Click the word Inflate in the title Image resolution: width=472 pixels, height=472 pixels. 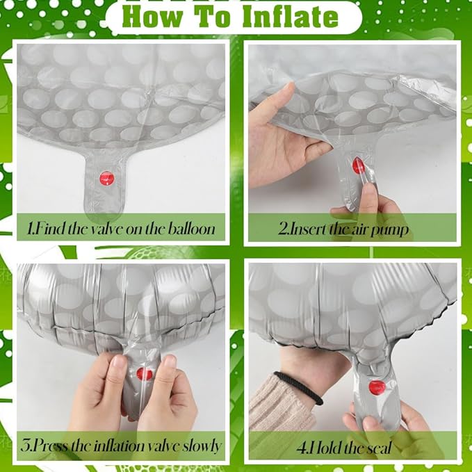tap(291, 17)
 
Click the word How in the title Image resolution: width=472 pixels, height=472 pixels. tap(153, 17)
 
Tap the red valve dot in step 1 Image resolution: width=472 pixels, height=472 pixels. tap(107, 179)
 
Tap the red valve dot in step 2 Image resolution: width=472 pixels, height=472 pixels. tap(358, 165)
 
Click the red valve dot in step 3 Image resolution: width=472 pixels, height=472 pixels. tap(145, 374)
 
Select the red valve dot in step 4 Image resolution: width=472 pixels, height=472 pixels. tap(377, 387)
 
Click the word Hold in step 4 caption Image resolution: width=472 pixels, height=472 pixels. tap(326, 448)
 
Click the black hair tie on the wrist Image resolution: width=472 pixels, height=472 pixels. tap(298, 387)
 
